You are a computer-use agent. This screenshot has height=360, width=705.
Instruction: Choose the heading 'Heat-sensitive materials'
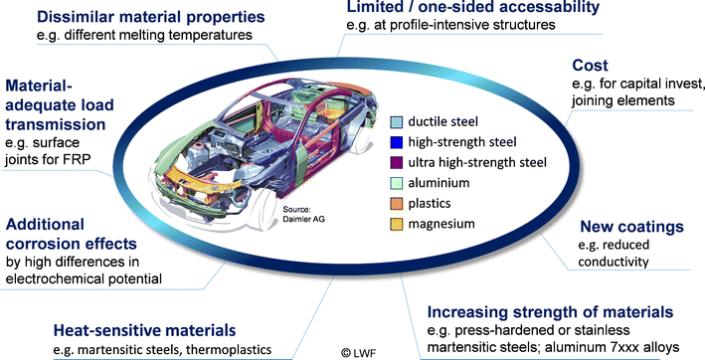point(150,329)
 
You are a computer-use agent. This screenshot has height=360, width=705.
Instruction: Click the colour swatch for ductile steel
point(396,123)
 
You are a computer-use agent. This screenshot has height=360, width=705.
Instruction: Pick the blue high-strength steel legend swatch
point(396,143)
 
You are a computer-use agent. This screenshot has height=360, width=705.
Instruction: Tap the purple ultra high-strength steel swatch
point(396,163)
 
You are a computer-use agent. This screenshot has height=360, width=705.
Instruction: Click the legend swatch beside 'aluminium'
point(396,184)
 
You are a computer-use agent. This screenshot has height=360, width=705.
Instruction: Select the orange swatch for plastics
point(396,204)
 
